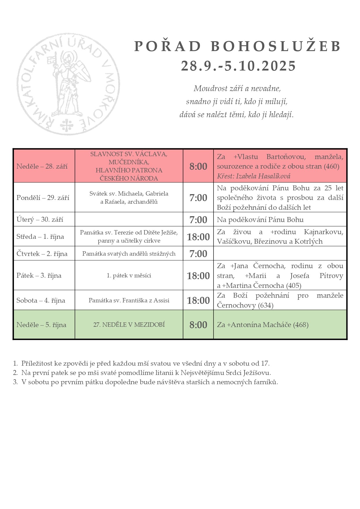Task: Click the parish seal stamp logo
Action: point(68,84)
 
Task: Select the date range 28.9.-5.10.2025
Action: point(238,66)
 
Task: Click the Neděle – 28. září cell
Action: point(42,166)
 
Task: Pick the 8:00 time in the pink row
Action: point(198,166)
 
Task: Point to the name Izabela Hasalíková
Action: point(263,176)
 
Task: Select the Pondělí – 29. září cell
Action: point(43,198)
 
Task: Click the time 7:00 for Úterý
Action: point(198,220)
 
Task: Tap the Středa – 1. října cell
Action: point(40,237)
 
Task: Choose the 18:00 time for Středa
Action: point(198,237)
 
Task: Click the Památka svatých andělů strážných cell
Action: point(129,254)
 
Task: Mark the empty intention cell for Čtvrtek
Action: point(280,254)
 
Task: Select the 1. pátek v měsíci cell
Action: point(129,275)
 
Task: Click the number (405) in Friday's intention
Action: point(294,286)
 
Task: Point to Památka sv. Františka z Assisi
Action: point(129,300)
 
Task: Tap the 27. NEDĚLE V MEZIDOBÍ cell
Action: point(129,325)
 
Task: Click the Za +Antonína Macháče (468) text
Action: point(263,325)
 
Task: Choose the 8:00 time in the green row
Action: point(198,325)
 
